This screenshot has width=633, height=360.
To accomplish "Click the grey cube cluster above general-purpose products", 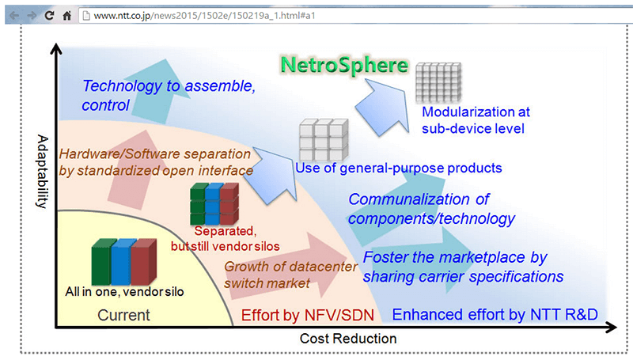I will (323, 139).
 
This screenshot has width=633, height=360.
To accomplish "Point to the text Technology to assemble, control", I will (169, 95).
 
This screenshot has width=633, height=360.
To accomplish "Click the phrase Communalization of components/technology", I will (431, 208).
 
